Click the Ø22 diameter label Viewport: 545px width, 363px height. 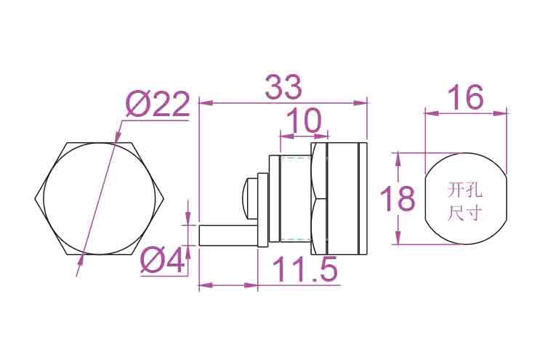158,104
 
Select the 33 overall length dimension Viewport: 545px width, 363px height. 283,87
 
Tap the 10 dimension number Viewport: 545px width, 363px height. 304,121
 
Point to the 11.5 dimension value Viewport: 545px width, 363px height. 304,269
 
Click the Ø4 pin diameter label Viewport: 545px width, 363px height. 162,260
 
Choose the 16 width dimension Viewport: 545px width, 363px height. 465,97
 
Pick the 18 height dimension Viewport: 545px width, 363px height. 397,198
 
